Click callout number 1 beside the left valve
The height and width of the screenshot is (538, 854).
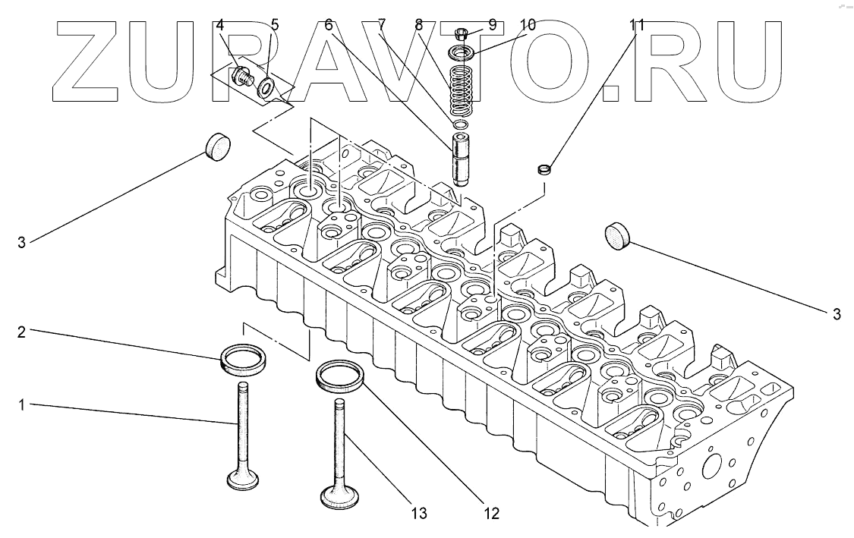click(x=22, y=406)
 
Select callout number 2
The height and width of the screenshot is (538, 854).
click(x=22, y=331)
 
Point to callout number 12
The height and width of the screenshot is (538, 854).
click(x=491, y=514)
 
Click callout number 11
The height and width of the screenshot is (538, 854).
click(x=636, y=24)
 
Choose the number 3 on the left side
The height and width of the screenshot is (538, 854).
click(x=22, y=242)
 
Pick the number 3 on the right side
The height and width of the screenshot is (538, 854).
click(x=836, y=313)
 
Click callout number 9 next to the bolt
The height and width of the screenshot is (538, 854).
click(x=492, y=24)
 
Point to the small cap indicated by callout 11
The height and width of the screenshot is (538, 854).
click(x=544, y=168)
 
